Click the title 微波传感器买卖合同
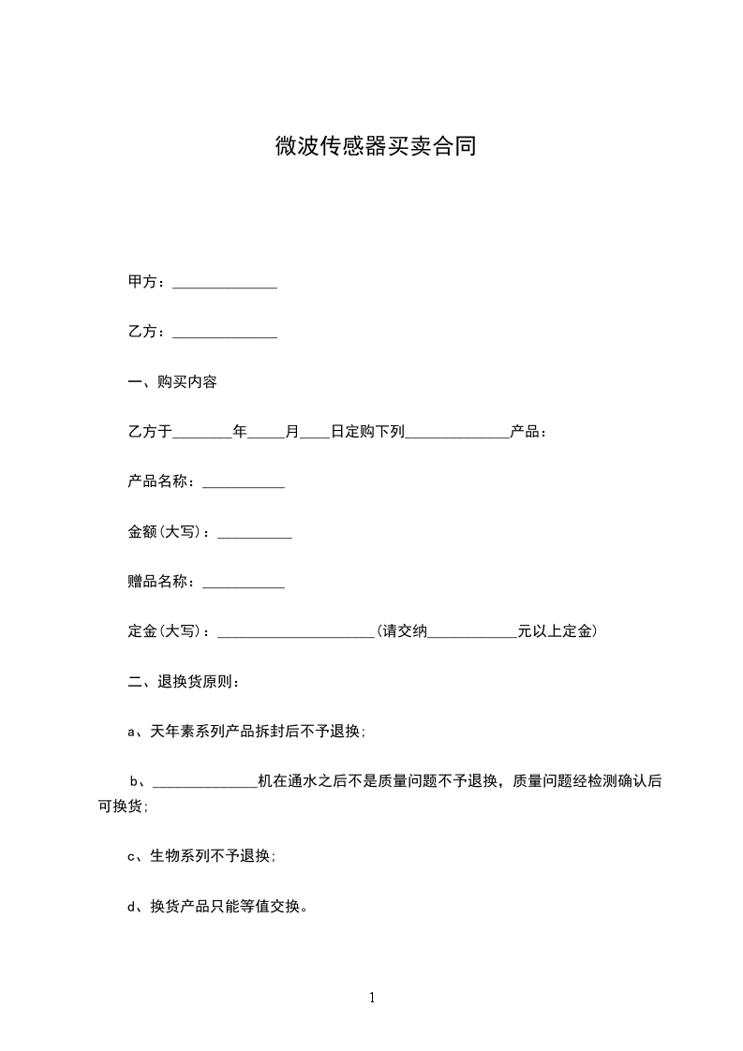pyautogui.click(x=375, y=147)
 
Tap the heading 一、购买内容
pyautogui.click(x=172, y=382)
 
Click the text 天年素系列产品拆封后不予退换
pyautogui.click(x=256, y=732)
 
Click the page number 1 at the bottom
pyautogui.click(x=372, y=998)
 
